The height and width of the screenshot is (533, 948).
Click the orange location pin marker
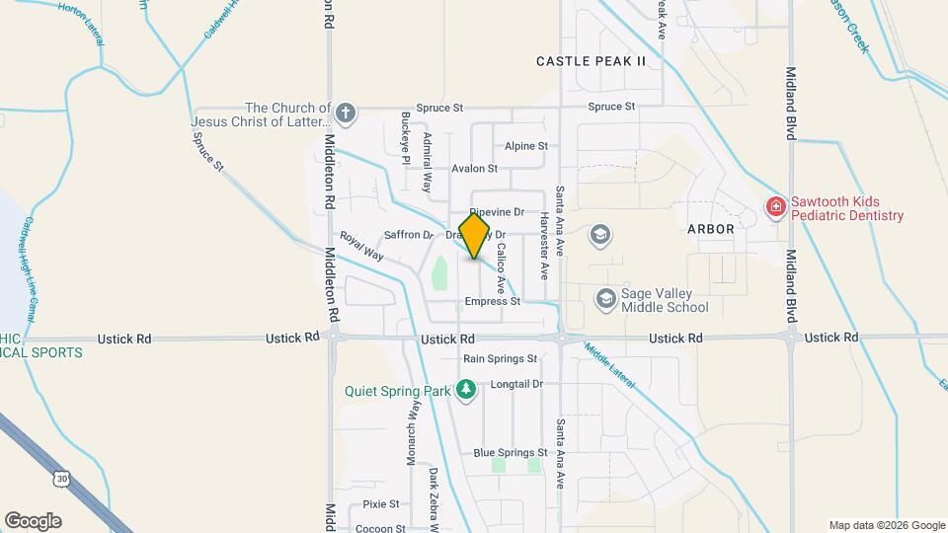pos(474,236)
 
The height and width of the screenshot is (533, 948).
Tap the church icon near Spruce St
pos(345,112)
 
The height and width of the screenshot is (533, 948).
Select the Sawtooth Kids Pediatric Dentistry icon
pos(776,207)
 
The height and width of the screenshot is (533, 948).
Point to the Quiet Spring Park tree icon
pos(467,391)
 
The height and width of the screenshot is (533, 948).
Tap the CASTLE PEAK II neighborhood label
pos(591,61)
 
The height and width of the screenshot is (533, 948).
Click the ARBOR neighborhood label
pos(711,229)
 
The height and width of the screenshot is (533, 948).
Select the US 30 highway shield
pos(62,478)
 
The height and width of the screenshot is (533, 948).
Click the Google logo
pos(33,521)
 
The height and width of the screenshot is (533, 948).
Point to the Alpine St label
pos(525,146)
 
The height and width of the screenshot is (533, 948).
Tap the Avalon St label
pos(474,169)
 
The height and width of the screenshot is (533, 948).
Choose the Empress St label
pos(492,301)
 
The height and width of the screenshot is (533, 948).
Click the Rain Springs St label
pos(500,359)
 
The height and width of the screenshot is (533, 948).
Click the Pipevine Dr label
pos(496,212)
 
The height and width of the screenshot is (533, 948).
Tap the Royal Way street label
pos(361,246)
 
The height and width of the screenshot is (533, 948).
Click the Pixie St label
pos(380,503)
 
